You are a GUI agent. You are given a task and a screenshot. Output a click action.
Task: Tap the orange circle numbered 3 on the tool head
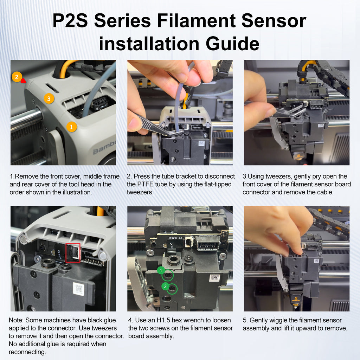[x=49, y=98]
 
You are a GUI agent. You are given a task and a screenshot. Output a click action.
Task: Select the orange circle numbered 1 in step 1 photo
[x=71, y=127]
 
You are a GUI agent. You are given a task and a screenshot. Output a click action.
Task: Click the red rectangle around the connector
[x=73, y=252]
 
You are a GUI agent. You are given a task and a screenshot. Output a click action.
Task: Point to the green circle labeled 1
[x=161, y=270]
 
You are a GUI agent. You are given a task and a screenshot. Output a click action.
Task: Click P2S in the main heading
[x=70, y=21]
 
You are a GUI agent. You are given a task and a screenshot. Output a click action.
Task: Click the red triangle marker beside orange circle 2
[x=24, y=81]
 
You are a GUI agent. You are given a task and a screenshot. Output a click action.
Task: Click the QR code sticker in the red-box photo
[x=79, y=289]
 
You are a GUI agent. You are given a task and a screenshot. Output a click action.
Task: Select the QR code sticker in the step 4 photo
[x=215, y=278]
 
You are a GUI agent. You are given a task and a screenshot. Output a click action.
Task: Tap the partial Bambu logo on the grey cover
[x=104, y=151]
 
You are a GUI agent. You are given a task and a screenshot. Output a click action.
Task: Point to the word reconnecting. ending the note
[x=27, y=352]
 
